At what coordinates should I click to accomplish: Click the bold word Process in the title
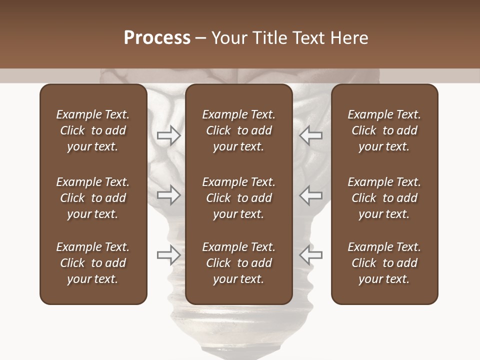click(x=157, y=38)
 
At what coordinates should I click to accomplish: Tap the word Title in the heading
click(x=269, y=38)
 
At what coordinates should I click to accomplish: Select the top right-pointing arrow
click(x=168, y=135)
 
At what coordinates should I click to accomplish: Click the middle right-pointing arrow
click(x=168, y=194)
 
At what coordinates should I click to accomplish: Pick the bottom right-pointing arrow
click(x=168, y=255)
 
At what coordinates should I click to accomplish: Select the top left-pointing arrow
click(x=311, y=135)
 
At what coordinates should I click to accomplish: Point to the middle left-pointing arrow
click(x=311, y=194)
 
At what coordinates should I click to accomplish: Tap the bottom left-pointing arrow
click(x=311, y=255)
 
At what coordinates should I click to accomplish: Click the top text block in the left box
click(x=93, y=130)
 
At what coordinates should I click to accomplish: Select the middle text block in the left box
click(x=93, y=198)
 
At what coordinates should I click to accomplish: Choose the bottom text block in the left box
click(x=93, y=263)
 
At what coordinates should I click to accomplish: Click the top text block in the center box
click(x=238, y=130)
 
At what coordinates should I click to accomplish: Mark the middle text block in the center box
click(x=238, y=198)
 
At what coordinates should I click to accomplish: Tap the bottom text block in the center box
click(x=238, y=263)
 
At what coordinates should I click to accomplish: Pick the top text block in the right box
click(x=384, y=130)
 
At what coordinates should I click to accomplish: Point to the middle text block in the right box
click(x=384, y=198)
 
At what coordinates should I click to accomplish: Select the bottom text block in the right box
click(x=384, y=263)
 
